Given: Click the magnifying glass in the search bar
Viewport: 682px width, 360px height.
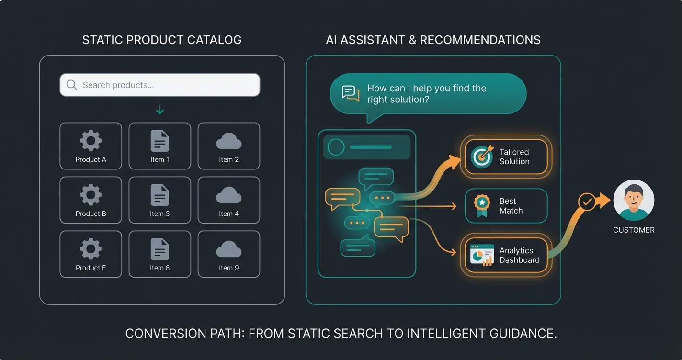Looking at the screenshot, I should coord(71,85).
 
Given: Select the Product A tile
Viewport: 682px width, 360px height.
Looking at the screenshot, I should coord(91,146).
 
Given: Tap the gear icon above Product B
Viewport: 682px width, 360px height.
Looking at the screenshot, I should coord(91,195).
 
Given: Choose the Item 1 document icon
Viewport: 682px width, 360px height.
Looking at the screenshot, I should coord(159,141).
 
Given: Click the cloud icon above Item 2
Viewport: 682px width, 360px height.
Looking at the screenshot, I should coord(228,142).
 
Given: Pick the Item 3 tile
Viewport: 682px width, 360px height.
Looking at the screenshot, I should coord(159,200).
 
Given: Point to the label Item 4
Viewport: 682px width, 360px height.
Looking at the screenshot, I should coord(228,214).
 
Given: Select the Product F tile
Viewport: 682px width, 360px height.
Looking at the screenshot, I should coord(91,254).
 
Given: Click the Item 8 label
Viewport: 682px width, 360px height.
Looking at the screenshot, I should coord(159,268).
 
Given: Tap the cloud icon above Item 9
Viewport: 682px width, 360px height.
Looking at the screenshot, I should coord(228,249).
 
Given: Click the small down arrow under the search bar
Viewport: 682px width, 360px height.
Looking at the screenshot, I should coord(159,110).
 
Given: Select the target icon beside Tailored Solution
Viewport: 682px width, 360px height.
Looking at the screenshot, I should coord(482,157).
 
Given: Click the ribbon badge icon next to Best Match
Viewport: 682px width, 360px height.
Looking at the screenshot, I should coord(482,205).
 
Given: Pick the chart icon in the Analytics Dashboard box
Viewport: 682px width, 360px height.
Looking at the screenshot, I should coord(482,255).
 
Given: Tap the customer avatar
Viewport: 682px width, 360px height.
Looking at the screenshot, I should coord(633,200).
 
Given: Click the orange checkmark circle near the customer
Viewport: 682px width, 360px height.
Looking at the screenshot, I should coord(587,202).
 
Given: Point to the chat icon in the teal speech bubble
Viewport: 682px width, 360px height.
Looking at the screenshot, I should coord(351,93).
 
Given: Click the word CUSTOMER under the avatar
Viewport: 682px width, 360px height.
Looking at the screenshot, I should coord(633,230).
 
